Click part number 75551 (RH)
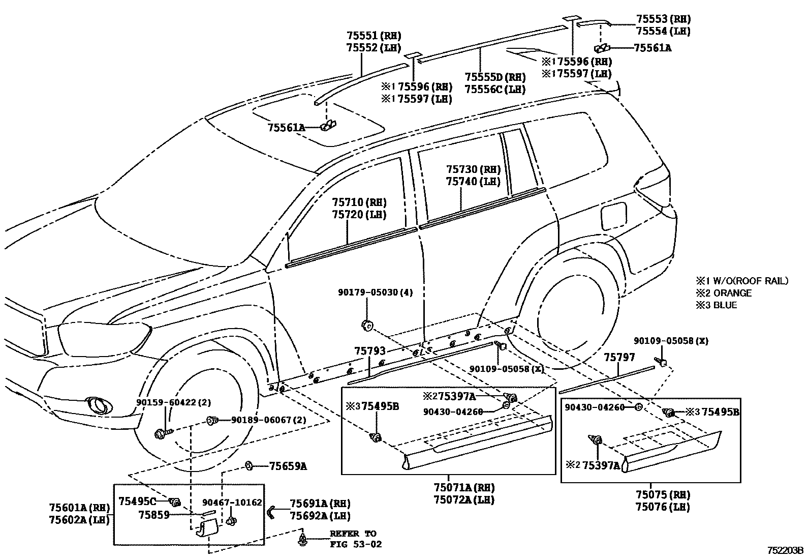tap(374, 36)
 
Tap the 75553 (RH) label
tap(663, 19)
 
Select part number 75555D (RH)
tap(494, 77)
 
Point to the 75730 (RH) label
tap(473, 170)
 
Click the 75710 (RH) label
tap(359, 203)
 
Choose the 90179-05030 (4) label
tap(375, 292)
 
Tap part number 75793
tap(369, 351)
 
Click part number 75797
tap(619, 358)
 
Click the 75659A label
tap(288, 466)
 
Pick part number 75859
tap(154, 515)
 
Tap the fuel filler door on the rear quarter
tap(613, 216)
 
